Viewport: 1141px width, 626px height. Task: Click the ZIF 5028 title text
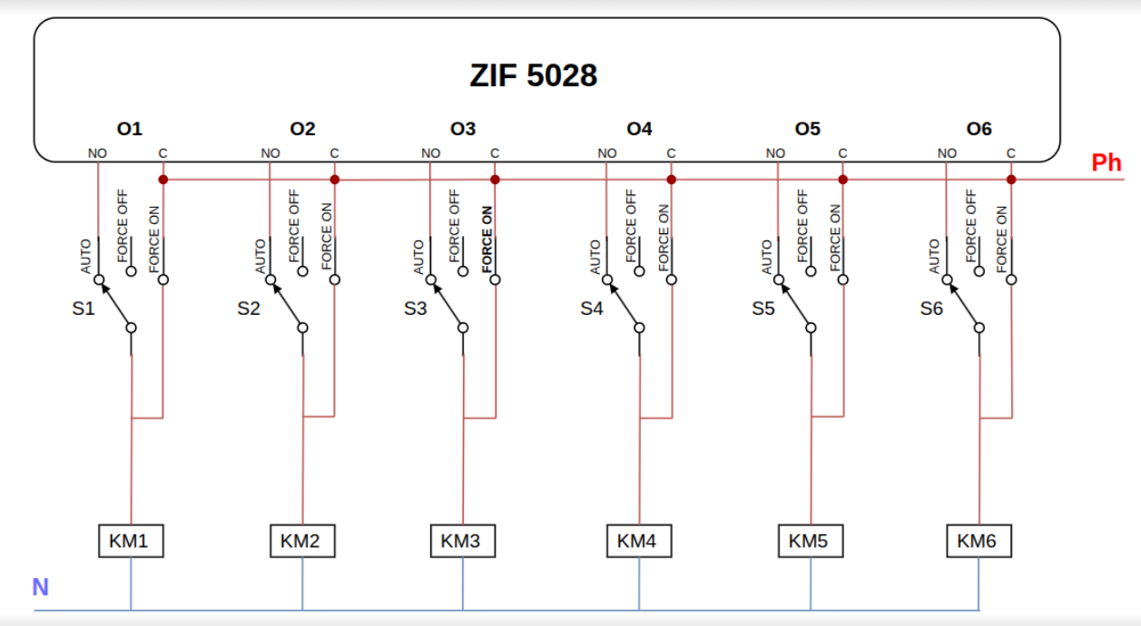pos(533,75)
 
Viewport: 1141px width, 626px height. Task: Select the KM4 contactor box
pos(636,542)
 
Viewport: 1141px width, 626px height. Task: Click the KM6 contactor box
pos(977,542)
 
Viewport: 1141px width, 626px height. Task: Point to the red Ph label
pos(1107,163)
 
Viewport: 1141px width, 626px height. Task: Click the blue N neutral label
pos(40,587)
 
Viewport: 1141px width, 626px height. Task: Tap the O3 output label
pos(463,129)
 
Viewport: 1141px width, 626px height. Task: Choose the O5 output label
pos(807,129)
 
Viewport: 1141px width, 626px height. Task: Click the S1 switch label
pos(84,308)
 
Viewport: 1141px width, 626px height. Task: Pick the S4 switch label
pos(591,308)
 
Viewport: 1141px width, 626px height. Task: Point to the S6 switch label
pos(931,308)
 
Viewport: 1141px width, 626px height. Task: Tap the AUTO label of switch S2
pos(261,256)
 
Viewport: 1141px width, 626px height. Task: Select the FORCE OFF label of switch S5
pos(802,226)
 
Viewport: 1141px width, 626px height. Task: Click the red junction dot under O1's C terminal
pos(163,180)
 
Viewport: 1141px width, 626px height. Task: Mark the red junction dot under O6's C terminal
pos(1011,180)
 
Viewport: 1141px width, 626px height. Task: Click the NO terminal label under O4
pos(607,153)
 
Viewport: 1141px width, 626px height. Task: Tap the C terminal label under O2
pos(334,153)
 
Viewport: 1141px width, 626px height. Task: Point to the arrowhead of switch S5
pos(782,287)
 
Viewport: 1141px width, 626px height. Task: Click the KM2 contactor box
pos(300,542)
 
